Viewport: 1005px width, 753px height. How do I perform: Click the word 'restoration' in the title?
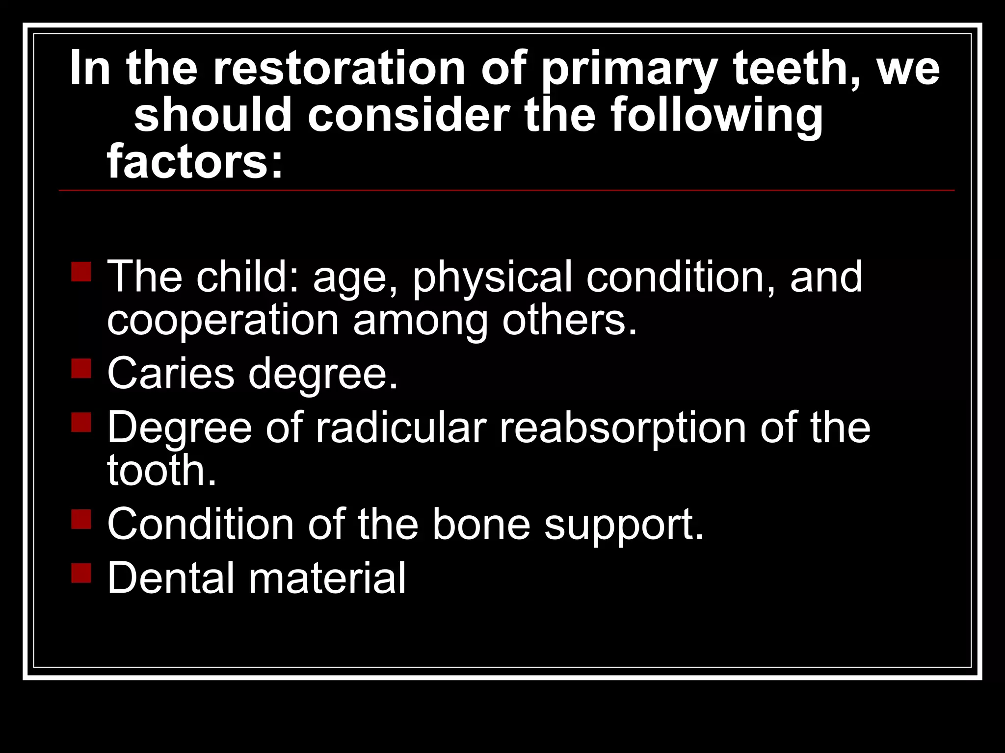tap(339, 69)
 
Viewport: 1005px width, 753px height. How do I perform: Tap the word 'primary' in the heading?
tap(630, 70)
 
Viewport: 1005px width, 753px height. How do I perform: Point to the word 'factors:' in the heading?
tap(195, 161)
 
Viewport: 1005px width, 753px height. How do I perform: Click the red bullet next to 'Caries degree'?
tap(81, 368)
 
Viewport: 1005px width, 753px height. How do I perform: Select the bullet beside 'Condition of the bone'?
tap(81, 519)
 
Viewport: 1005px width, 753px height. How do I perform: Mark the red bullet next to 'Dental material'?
tap(81, 572)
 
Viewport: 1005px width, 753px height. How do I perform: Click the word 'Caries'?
tap(171, 374)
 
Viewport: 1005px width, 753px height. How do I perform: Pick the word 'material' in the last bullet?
tap(327, 578)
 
